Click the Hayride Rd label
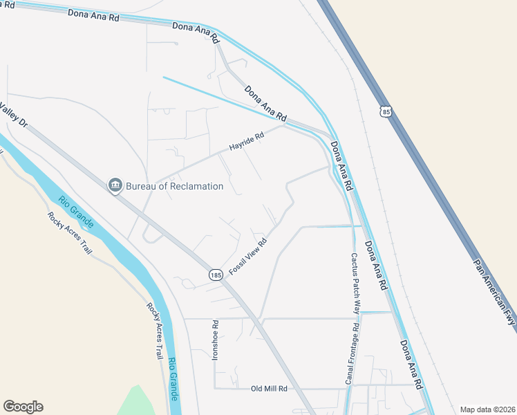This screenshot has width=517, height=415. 247,144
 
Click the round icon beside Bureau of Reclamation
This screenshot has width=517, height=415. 115,185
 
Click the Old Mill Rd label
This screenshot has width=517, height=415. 269,389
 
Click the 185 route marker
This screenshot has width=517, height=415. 216,275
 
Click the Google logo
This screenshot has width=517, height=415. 23,407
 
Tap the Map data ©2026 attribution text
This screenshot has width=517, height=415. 487,409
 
